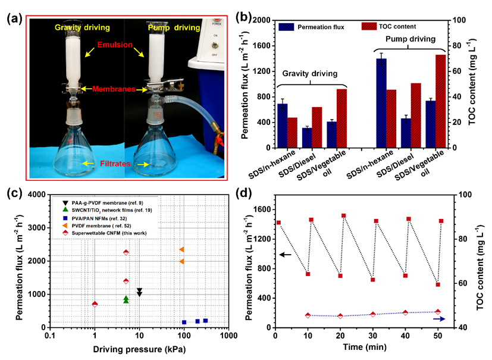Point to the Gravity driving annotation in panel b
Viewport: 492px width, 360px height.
(x=307, y=74)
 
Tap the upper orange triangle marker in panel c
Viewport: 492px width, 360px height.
(x=182, y=249)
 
